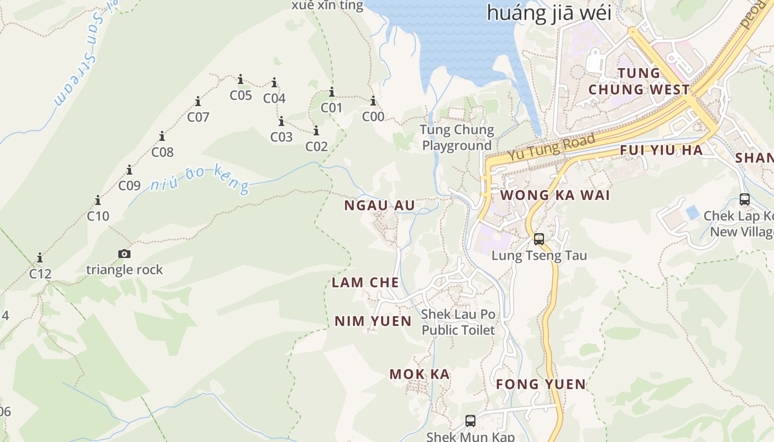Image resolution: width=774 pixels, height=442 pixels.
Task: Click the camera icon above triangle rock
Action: pyautogui.click(x=124, y=254)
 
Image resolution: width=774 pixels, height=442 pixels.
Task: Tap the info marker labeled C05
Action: pyautogui.click(x=240, y=80)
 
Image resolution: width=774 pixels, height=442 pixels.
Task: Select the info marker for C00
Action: pyautogui.click(x=373, y=101)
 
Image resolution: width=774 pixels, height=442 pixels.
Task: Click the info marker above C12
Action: pyautogui.click(x=40, y=257)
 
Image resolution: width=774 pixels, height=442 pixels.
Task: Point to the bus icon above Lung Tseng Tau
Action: pyautogui.click(x=539, y=239)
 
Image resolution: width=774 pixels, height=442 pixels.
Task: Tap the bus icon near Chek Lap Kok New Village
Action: pyautogui.click(x=745, y=199)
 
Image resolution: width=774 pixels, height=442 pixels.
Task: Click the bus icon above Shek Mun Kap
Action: pyautogui.click(x=470, y=421)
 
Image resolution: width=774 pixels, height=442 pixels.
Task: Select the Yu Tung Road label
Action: pyautogui.click(x=552, y=147)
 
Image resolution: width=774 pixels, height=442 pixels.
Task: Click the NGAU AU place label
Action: pyautogui.click(x=379, y=206)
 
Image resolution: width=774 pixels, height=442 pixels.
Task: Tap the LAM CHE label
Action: pyautogui.click(x=365, y=282)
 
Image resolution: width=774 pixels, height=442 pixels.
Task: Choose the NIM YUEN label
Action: pyautogui.click(x=373, y=321)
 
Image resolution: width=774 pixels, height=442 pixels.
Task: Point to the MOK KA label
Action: pyautogui.click(x=419, y=374)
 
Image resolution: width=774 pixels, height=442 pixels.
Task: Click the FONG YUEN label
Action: pyautogui.click(x=540, y=384)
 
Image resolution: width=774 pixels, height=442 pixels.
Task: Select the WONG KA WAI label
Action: pyautogui.click(x=555, y=195)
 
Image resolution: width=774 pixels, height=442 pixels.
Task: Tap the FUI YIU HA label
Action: pyautogui.click(x=661, y=150)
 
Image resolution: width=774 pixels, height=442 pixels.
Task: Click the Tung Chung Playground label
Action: pyautogui.click(x=457, y=138)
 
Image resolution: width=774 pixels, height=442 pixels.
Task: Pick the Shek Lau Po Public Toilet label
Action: pyautogui.click(x=458, y=322)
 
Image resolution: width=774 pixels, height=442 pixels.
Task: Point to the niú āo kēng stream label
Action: pyautogui.click(x=200, y=178)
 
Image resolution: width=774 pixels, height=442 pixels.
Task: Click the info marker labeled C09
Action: pyautogui.click(x=129, y=170)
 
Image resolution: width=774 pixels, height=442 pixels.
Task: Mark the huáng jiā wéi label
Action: pyautogui.click(x=549, y=12)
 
